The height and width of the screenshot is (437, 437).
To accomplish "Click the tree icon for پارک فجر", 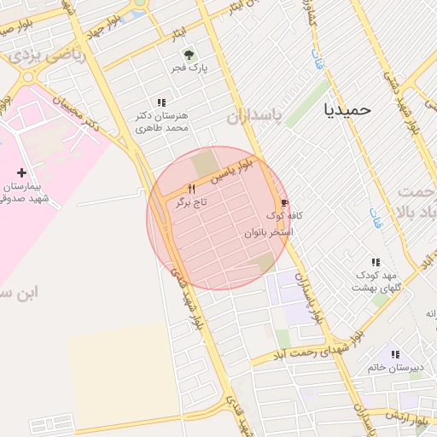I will click(x=191, y=54).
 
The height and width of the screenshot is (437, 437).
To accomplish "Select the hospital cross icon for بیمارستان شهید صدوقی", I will click(x=21, y=173).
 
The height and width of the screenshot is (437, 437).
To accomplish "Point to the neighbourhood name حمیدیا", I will click(x=348, y=109).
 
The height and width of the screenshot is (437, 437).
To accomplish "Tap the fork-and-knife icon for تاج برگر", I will click(x=191, y=189).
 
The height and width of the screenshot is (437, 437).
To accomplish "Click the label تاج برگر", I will click(x=191, y=202).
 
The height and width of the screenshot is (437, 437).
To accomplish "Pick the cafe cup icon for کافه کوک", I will click(x=283, y=203).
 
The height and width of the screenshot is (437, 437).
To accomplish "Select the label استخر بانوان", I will click(x=269, y=231).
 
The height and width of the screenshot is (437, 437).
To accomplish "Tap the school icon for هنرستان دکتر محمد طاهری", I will click(x=162, y=102).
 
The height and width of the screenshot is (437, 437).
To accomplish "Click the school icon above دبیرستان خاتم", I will click(x=394, y=353).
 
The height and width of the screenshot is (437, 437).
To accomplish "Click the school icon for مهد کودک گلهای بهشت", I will click(x=375, y=263).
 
